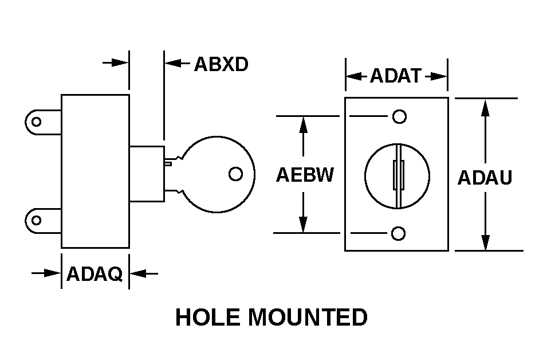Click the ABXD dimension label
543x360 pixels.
pyautogui.click(x=221, y=64)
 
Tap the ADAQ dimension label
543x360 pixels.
pyautogui.click(x=95, y=275)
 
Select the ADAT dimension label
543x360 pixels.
pyautogui.click(x=396, y=76)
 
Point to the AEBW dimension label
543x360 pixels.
pyautogui.click(x=304, y=175)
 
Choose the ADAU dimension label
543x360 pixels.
pyautogui.click(x=485, y=178)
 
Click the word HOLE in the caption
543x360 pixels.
pyautogui.click(x=207, y=317)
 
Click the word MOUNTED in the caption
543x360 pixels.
pyautogui.click(x=308, y=317)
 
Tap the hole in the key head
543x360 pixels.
pyautogui.click(x=235, y=174)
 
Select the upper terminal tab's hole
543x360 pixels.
pyautogui.click(x=37, y=122)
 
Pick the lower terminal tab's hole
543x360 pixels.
pyautogui.click(x=37, y=220)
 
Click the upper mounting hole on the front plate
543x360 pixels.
pyautogui.click(x=399, y=116)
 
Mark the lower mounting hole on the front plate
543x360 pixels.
pyautogui.click(x=399, y=233)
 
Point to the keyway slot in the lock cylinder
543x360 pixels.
pyautogui.click(x=396, y=175)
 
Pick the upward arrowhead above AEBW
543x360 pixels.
pyautogui.click(x=304, y=124)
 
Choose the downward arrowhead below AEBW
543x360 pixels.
pyautogui.click(x=304, y=225)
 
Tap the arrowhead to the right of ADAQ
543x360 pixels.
pyautogui.click(x=138, y=274)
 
